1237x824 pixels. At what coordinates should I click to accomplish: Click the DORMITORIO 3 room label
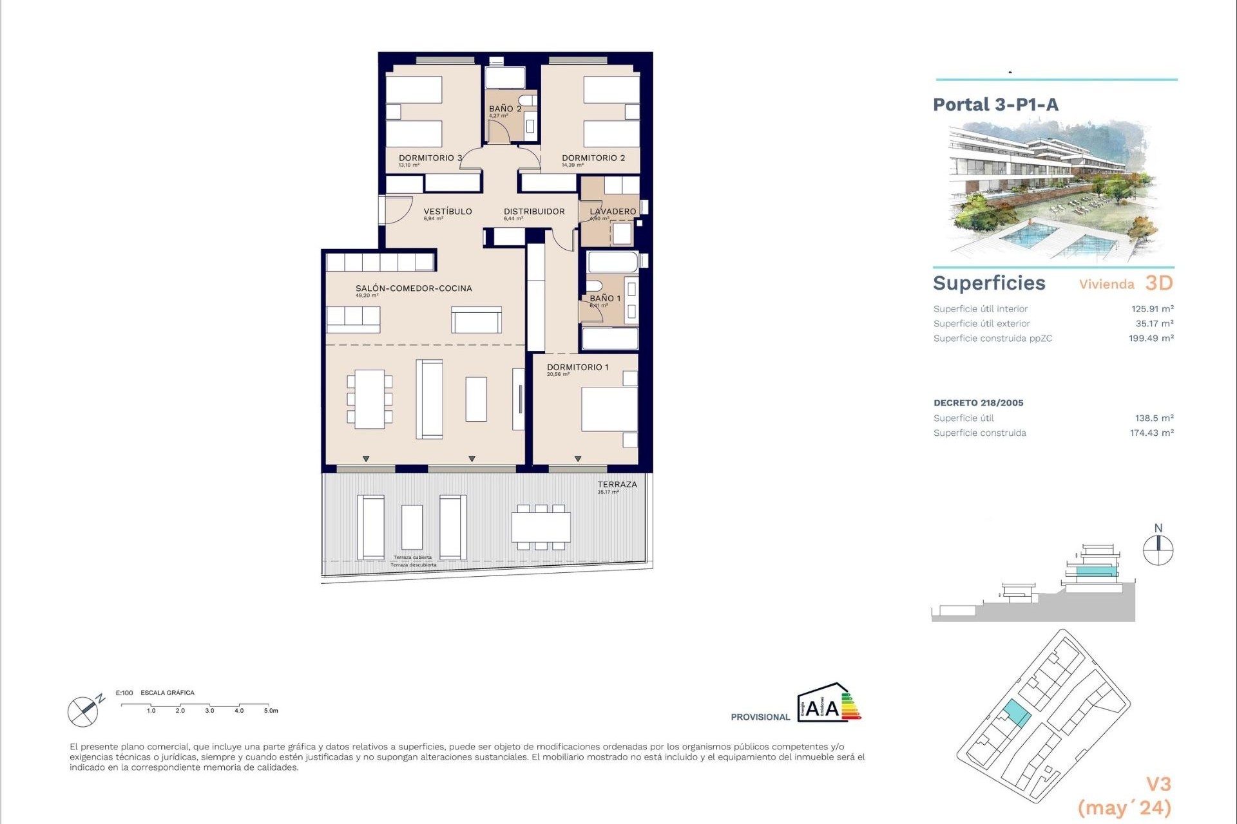430,158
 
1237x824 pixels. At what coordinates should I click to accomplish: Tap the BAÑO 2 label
504,109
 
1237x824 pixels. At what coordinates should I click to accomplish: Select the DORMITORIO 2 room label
593,158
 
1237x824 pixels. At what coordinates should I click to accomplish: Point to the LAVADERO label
613,211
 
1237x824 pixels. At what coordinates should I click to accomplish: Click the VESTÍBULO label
447,211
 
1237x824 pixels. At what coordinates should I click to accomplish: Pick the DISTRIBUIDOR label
534,211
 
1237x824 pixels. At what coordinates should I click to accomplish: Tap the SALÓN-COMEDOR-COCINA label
414,288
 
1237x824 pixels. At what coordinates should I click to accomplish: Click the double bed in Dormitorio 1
608,409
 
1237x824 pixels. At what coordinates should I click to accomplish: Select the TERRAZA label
617,484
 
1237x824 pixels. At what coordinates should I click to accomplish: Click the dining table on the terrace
541,527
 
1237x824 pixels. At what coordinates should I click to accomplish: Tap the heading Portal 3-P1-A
995,104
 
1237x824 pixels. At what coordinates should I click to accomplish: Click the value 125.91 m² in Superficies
1152,309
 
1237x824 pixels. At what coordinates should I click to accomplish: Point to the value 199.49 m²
1151,339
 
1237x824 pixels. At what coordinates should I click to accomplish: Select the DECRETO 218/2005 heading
978,403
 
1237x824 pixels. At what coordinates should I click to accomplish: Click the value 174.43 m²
1151,433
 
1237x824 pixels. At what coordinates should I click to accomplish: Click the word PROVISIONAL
760,717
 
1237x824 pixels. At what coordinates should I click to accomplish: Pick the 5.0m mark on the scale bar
270,711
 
